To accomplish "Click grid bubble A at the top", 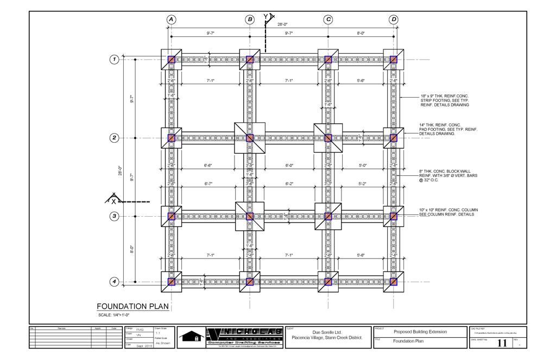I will (171, 20).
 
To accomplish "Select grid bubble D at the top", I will (394, 20).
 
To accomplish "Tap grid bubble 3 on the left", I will (115, 216).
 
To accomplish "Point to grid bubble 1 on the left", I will (115, 59).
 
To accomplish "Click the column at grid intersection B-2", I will (250, 138).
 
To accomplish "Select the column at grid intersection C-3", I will (328, 216).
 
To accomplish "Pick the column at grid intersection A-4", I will (171, 282).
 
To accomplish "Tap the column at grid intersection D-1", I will (394, 59).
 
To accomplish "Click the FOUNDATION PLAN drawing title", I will (132, 306).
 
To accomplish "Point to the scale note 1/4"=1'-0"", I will (113, 315).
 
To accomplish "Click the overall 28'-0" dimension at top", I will (283, 24).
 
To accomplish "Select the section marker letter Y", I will (266, 17).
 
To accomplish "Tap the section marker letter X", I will (113, 201).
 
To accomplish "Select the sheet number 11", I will (502, 343).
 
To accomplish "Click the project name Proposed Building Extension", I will (420, 332).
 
